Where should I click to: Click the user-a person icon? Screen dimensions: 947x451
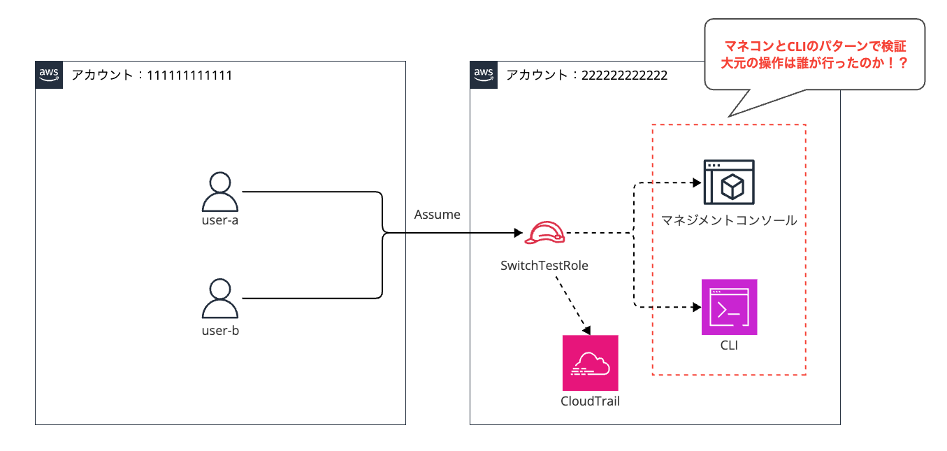tap(220, 191)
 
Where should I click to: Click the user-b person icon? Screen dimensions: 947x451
tap(220, 299)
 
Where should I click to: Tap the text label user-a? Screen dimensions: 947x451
tap(220, 220)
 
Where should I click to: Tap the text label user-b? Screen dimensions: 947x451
tap(220, 330)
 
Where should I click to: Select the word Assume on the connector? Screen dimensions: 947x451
tap(437, 215)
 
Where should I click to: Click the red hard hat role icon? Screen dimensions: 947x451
tap(544, 233)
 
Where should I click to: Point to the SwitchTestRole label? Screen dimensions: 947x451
tap(544, 265)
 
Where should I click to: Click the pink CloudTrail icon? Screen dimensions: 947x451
tap(590, 363)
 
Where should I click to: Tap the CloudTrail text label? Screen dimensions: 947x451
tap(590, 401)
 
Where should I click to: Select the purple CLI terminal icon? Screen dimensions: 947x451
tap(729, 307)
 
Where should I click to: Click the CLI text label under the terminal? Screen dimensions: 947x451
tap(729, 345)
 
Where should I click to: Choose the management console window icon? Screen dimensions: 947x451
tap(729, 182)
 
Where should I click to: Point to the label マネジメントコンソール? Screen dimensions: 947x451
tap(729, 220)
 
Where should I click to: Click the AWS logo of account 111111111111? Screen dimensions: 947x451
tap(49, 75)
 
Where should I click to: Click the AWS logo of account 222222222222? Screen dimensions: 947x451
tap(484, 75)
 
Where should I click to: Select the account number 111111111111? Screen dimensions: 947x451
tap(189, 76)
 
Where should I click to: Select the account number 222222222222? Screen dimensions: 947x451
tap(624, 76)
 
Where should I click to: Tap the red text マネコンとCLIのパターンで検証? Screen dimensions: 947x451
tap(815, 45)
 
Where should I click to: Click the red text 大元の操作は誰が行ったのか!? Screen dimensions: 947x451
tap(814, 63)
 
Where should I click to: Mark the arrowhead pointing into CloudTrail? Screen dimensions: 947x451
tap(587, 330)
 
